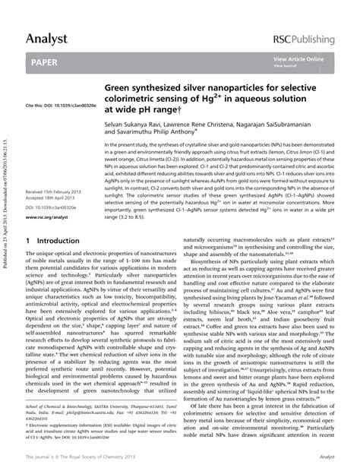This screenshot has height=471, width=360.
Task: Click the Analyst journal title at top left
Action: pyautogui.click(x=46, y=37)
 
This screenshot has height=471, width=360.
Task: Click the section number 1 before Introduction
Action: pyautogui.click(x=28, y=241)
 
